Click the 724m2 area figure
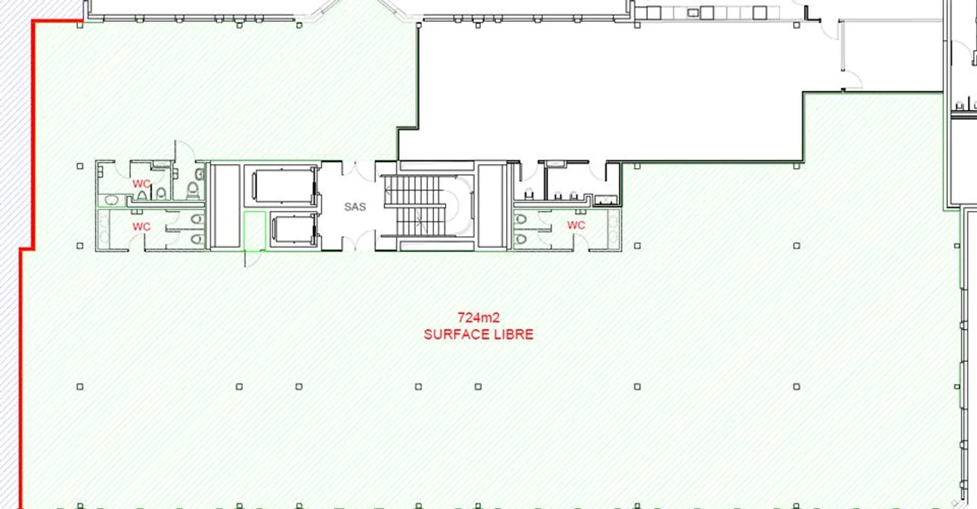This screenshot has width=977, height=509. tap(478, 318)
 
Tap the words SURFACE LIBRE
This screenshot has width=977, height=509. tap(478, 335)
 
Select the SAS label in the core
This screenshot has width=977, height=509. tap(355, 207)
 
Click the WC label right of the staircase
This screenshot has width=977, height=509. tap(576, 225)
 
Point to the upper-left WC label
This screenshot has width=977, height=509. tap(141, 184)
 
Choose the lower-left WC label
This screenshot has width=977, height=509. tap(141, 227)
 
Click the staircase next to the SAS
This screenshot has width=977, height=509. tap(424, 206)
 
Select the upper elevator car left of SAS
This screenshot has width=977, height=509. tap(284, 185)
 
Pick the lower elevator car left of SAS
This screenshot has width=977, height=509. tap(294, 229)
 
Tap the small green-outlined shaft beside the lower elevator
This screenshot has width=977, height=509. tap(254, 231)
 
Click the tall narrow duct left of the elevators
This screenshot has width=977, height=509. tap(225, 206)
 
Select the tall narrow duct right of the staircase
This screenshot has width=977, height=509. tap(491, 206)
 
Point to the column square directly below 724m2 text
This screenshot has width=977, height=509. tap(478, 387)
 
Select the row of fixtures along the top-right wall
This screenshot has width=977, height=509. tap(706, 12)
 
